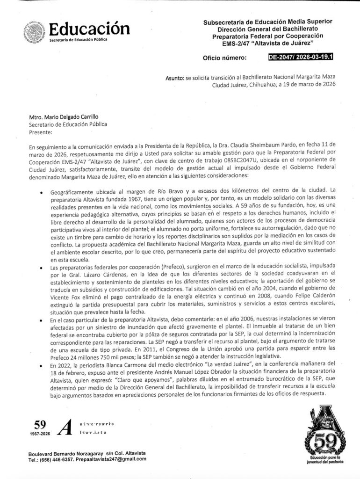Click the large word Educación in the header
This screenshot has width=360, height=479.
89,29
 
